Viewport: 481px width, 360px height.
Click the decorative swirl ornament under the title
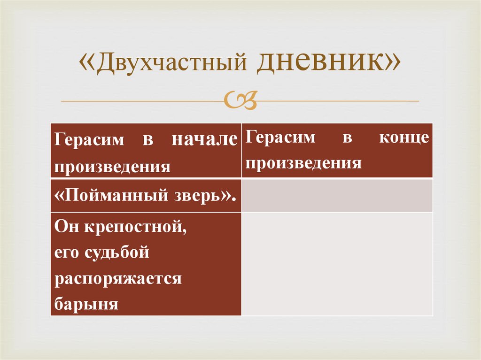[240, 100]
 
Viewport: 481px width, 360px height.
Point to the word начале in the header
[204, 140]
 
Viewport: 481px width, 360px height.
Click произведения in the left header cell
[112, 166]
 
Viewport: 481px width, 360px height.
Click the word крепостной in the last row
[137, 228]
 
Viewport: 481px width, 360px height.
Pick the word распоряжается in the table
[118, 279]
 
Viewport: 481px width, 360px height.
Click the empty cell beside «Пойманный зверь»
[337, 195]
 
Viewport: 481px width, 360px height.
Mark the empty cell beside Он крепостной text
[337, 264]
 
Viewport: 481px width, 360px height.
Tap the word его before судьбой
[66, 253]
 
